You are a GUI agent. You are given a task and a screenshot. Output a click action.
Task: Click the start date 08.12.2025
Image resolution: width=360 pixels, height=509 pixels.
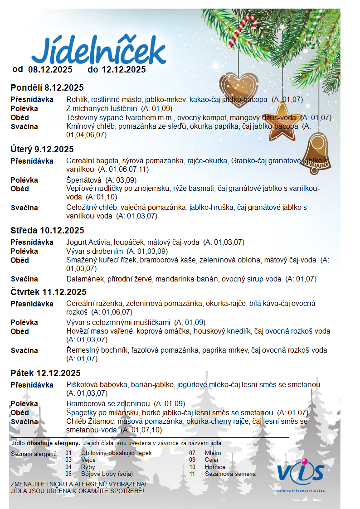[50, 70]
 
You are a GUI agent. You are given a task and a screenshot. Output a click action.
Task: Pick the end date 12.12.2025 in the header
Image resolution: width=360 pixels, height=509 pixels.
[123, 70]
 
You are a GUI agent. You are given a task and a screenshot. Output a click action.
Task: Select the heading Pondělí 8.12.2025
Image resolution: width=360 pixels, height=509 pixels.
[47, 88]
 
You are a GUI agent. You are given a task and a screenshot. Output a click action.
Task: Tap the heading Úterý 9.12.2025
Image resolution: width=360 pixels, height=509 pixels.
[42, 150]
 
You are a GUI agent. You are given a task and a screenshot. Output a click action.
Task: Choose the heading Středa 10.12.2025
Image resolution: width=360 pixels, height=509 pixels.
[47, 231]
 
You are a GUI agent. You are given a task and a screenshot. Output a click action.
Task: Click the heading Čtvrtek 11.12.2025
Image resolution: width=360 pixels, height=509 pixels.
[49, 292]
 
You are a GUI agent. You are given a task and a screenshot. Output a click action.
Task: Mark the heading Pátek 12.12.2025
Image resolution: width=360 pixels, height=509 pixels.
[45, 373]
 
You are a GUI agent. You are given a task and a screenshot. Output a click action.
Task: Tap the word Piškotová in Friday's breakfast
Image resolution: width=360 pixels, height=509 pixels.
[81, 385]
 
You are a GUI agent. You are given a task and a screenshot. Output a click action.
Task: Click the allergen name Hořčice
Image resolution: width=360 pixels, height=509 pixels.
[215, 467]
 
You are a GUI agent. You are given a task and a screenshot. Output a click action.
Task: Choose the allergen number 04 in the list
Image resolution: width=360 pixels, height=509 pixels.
[68, 467]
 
